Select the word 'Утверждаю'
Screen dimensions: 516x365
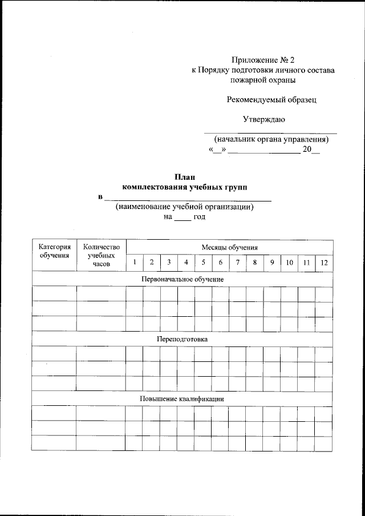pos(264,119)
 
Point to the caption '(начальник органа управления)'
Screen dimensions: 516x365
pos(271,139)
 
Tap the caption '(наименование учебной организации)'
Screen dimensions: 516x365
pos(184,207)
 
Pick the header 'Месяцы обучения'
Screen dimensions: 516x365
pos(229,247)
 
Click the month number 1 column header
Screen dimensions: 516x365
pos(135,263)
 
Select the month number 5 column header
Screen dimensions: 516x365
pos(203,263)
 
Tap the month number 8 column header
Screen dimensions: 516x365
pos(255,263)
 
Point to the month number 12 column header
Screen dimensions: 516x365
pos(324,263)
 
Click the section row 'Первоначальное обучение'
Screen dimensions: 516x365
pos(182,279)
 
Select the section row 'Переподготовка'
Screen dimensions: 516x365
pos(182,339)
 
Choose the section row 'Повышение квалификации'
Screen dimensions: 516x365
pos(182,398)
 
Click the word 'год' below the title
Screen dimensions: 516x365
pos(199,217)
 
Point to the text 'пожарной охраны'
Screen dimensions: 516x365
pos(263,80)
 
